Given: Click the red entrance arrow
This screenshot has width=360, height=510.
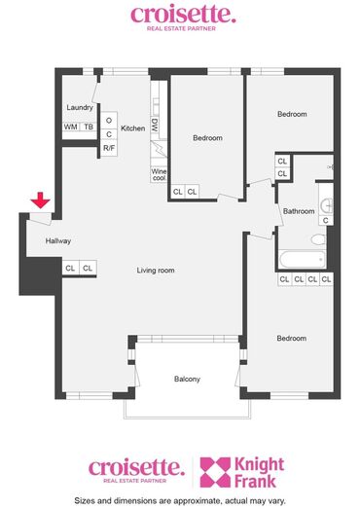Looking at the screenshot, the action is point(40,200).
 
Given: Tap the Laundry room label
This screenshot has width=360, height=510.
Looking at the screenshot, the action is point(80,107).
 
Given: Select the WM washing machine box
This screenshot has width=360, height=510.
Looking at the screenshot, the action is point(71,127).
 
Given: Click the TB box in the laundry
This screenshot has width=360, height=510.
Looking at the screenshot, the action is point(89,127).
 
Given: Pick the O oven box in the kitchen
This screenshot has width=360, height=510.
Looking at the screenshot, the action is point(109,121).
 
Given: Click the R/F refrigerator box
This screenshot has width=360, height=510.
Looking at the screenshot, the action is point(109,148).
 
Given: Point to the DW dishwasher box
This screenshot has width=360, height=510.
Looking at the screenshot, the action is point(155,125).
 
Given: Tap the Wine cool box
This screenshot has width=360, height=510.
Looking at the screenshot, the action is point(159,174).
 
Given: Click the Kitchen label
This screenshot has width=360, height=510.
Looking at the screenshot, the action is point(132,128).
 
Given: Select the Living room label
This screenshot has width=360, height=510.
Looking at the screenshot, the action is point(156,271).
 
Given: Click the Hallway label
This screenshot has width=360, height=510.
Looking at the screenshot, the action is point(57,241).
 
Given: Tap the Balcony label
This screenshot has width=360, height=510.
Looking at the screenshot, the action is point(187,379).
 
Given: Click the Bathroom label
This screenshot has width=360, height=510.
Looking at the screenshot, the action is point(299,211).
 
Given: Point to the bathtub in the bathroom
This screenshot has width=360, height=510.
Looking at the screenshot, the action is point(303,260).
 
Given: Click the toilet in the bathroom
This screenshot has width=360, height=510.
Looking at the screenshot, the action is point(318,239).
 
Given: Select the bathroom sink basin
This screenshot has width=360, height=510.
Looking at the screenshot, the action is point(326,205).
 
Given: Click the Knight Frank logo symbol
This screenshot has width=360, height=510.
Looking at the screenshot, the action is point(215,472).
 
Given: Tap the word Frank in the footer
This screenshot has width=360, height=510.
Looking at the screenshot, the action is point(255,481).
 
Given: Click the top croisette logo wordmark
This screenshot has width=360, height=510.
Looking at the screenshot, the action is point(183,15).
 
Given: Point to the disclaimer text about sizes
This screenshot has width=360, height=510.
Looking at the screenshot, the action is point(180,500).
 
